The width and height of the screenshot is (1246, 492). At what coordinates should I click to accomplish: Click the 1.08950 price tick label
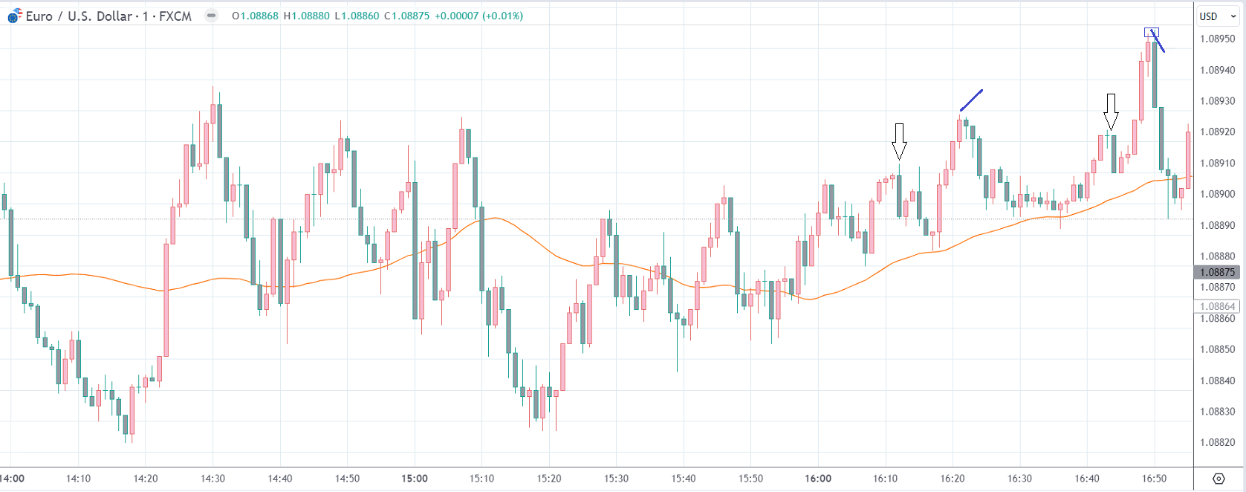(x=1217, y=39)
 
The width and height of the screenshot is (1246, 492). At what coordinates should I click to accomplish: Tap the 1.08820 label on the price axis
(x=1217, y=442)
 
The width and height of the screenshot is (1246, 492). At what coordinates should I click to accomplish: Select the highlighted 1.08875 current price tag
(x=1217, y=272)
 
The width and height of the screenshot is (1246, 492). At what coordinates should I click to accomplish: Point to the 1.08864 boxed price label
(x=1217, y=306)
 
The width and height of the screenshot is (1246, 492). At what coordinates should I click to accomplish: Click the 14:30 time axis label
(x=212, y=479)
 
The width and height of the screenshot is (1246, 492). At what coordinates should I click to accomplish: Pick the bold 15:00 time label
(x=415, y=479)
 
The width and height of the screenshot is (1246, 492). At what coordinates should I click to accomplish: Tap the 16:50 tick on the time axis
(x=1154, y=479)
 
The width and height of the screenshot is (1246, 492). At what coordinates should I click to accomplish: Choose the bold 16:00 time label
(x=818, y=479)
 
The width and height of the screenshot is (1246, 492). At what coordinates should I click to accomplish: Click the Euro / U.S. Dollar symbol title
(x=108, y=16)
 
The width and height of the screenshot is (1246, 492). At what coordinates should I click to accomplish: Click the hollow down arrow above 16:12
(x=899, y=141)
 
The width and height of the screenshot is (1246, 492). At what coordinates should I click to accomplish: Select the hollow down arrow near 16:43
(x=1111, y=111)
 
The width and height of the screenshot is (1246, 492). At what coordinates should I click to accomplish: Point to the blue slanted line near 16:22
(x=971, y=100)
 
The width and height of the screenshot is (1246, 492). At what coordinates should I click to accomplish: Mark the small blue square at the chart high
(x=1151, y=32)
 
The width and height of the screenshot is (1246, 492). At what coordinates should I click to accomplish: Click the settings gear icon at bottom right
(x=1219, y=478)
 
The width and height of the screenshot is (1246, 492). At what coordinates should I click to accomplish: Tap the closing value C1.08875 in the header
(x=406, y=16)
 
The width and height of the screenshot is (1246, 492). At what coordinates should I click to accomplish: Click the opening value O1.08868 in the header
(x=255, y=16)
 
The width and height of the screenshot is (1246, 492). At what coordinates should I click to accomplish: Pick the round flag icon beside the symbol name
(x=15, y=16)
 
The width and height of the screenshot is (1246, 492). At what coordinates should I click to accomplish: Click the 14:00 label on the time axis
(x=12, y=479)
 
